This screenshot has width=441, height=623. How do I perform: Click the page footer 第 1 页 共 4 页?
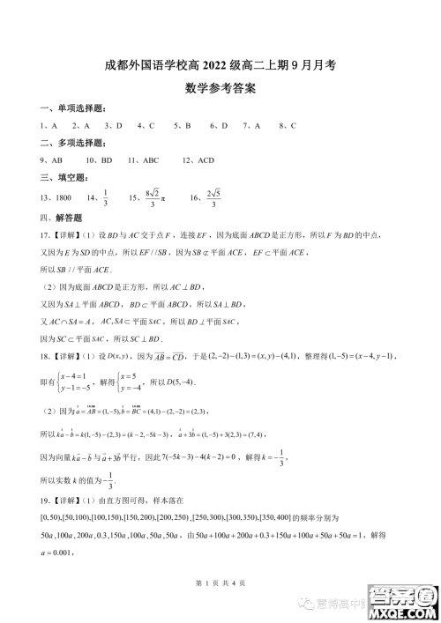[220, 587]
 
